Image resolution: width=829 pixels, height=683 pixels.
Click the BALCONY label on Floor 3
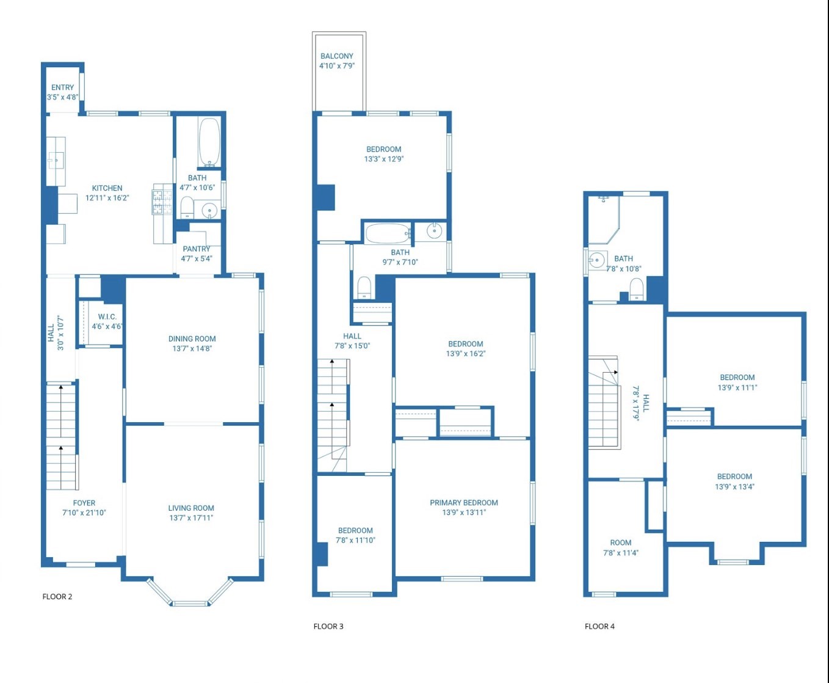[x=337, y=56]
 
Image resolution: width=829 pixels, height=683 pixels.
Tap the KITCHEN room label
[x=107, y=188]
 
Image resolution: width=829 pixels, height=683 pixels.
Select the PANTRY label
[x=197, y=249]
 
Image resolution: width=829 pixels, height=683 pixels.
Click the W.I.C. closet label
[x=107, y=316]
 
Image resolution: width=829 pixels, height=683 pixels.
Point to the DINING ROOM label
[x=192, y=338]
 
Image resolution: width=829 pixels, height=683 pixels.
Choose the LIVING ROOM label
[x=191, y=508]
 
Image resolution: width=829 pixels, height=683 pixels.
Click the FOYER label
[x=84, y=503]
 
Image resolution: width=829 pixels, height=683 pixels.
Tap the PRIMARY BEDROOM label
[x=464, y=502]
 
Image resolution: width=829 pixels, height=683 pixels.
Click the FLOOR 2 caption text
[x=57, y=596]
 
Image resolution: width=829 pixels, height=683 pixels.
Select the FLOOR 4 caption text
[x=599, y=626]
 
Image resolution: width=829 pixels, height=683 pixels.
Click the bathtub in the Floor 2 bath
[x=209, y=142]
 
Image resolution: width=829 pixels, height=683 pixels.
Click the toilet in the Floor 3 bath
[x=364, y=287]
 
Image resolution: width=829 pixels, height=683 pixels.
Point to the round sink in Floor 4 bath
[x=596, y=260]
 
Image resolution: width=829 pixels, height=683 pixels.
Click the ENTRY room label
[x=63, y=87]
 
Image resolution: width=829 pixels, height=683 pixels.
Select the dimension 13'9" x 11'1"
[x=737, y=387]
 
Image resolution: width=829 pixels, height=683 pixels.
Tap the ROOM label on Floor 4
[x=621, y=542]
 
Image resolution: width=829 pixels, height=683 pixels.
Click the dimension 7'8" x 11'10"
[x=355, y=540]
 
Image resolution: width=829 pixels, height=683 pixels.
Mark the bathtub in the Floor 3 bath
[x=388, y=233]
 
